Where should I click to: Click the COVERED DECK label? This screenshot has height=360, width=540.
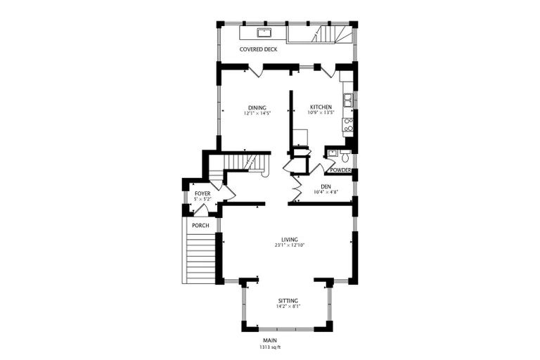click(258, 50)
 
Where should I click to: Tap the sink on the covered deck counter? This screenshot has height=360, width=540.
click(264, 33)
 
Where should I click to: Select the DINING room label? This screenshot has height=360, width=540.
click(256, 108)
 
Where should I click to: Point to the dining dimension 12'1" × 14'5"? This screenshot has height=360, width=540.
click(256, 113)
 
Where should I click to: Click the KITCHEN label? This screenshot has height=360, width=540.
click(321, 108)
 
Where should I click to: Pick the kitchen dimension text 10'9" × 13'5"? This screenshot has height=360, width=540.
click(321, 113)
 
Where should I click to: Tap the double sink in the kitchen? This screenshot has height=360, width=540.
click(347, 101)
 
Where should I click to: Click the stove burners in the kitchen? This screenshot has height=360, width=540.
click(347, 125)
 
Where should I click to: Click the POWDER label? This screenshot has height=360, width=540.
click(340, 170)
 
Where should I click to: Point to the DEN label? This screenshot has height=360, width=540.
click(326, 186)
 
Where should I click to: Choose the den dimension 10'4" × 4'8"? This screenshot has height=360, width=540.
click(326, 192)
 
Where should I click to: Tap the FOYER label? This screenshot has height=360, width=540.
click(202, 193)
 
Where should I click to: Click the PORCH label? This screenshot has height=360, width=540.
click(200, 225)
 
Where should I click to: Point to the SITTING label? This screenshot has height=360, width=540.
click(287, 300)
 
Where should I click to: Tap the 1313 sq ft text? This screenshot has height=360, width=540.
click(271, 347)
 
